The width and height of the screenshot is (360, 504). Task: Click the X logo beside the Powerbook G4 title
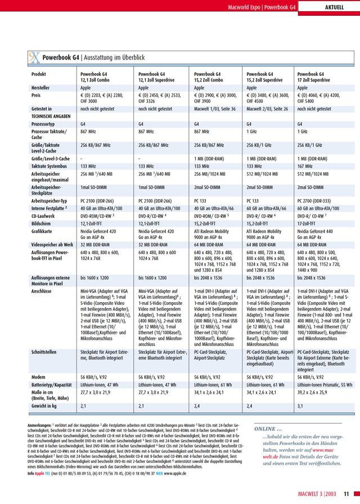click(34, 57)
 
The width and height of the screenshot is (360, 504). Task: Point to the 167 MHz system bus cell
click(306, 166)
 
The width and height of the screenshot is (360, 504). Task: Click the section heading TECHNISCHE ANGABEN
click(51, 115)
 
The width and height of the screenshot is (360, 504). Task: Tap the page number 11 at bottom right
click(346, 495)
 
